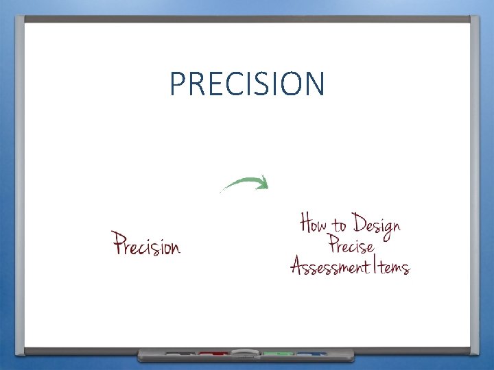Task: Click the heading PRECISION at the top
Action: pyautogui.click(x=247, y=84)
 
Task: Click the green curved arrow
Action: pyautogui.click(x=244, y=183)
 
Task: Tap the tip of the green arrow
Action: pyautogui.click(x=266, y=183)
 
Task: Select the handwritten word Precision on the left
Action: pyautogui.click(x=146, y=244)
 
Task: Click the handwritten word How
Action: pyautogui.click(x=315, y=224)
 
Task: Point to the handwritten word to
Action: pyautogui.click(x=340, y=226)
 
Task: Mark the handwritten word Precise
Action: pyautogui.click(x=351, y=245)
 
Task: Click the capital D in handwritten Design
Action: pyautogui.click(x=359, y=223)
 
